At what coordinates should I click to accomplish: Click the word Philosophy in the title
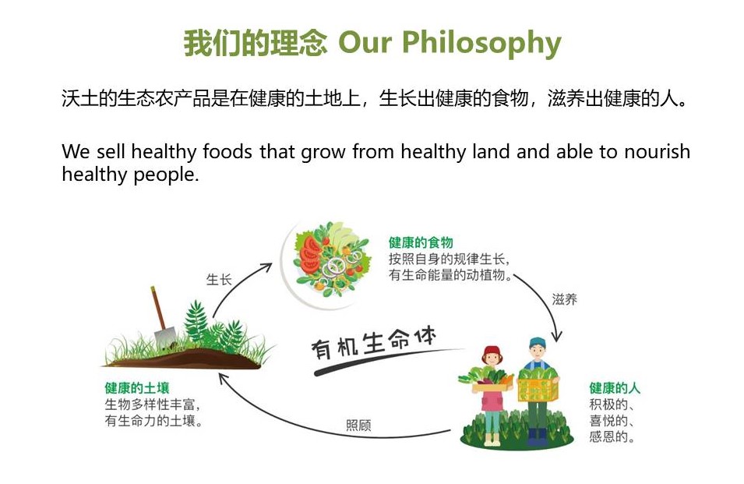(x=481, y=44)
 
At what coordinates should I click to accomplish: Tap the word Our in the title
(x=365, y=42)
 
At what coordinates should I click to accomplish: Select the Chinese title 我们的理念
(x=256, y=43)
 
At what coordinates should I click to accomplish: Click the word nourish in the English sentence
(x=657, y=152)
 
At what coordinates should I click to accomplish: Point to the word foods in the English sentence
(x=227, y=152)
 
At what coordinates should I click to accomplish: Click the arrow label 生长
(x=219, y=280)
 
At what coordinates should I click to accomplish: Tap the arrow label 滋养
(x=564, y=299)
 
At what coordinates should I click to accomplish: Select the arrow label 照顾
(x=358, y=426)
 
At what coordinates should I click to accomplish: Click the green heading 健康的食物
(x=421, y=242)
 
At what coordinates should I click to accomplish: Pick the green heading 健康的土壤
(x=137, y=388)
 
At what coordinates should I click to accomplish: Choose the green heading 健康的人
(x=615, y=388)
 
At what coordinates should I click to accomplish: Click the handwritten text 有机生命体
(x=374, y=343)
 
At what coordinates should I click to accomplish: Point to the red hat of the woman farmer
(x=492, y=352)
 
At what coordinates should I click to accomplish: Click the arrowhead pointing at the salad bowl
(x=266, y=267)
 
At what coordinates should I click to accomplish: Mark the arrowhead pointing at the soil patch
(x=223, y=378)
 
